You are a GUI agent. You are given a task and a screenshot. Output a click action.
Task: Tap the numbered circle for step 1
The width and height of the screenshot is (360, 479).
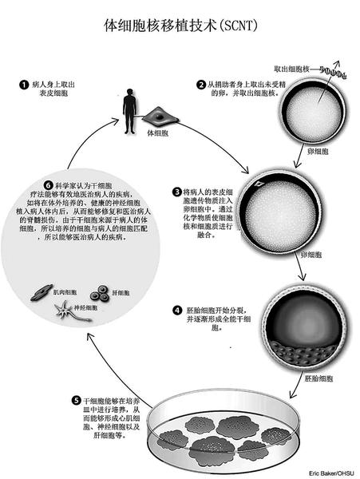25,83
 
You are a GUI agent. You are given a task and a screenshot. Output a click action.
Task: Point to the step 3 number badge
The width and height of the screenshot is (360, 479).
177,192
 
